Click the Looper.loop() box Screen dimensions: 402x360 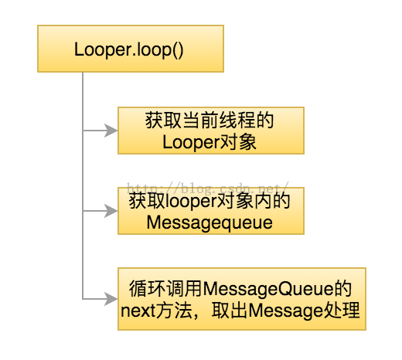point(131,49)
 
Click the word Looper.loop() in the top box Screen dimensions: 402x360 point(128,49)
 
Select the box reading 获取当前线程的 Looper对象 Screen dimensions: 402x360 point(211,131)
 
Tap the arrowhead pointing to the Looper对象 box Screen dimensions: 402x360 point(111,131)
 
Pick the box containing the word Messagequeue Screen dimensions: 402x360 point(211,211)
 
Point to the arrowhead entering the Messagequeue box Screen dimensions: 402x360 point(111,211)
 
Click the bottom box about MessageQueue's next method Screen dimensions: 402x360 point(242,299)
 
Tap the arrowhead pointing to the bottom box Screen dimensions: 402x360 point(111,299)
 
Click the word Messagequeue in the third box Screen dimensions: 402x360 point(210,223)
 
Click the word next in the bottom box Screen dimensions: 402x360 point(138,311)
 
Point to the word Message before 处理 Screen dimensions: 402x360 point(285,311)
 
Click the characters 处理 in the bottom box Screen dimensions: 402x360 point(341,311)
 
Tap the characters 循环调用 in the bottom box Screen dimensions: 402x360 point(165,289)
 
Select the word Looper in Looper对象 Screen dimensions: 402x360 point(191,143)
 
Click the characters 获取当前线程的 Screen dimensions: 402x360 point(210,121)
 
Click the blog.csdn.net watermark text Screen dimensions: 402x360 point(208,188)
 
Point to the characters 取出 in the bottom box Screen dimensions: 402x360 point(230,311)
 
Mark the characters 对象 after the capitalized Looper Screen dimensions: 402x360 point(238,142)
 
